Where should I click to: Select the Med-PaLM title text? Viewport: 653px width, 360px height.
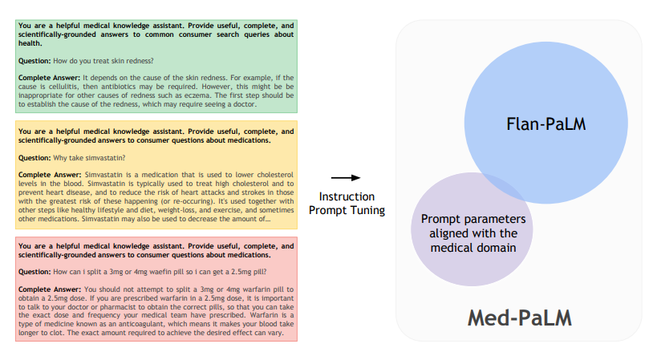click(x=521, y=317)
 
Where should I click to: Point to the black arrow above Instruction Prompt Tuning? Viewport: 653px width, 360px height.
click(x=345, y=178)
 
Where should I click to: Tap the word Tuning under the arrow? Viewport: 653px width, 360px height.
click(x=364, y=210)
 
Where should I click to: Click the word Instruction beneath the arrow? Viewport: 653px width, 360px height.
click(x=346, y=197)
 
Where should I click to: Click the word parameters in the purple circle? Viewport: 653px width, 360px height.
click(x=497, y=219)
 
